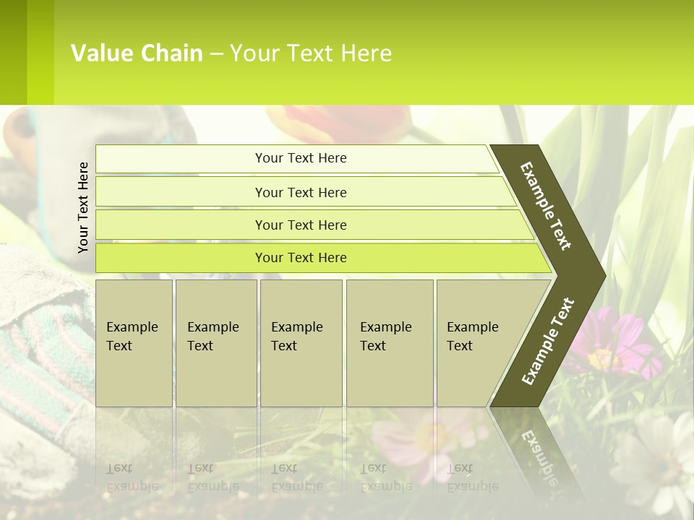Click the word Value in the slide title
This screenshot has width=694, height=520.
[x=100, y=53]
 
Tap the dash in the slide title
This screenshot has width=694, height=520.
[x=216, y=54]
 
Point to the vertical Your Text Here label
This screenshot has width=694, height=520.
[x=83, y=207]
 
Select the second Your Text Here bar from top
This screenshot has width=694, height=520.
[x=300, y=192]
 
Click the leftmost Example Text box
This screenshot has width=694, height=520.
[x=134, y=343]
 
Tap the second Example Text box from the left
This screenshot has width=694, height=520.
[x=215, y=343]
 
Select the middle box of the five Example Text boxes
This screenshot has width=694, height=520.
[x=301, y=343]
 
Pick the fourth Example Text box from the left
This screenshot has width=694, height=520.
[x=389, y=343]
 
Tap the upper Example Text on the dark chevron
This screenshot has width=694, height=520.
[x=546, y=206]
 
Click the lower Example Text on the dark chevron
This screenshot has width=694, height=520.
[x=547, y=341]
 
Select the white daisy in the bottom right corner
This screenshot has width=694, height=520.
[x=661, y=459]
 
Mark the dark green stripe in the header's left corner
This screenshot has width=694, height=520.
[x=13, y=52]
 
